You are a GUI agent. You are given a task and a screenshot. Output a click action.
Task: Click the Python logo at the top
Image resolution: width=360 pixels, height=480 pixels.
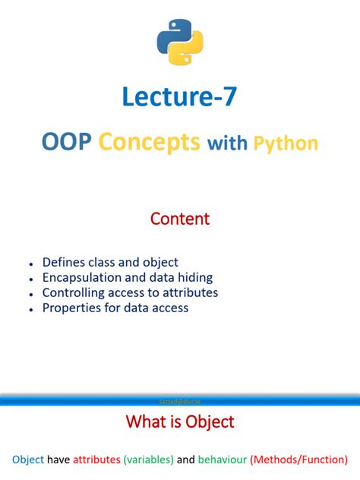coord(180,43)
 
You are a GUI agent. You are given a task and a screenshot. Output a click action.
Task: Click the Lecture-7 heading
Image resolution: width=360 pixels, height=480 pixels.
coord(180,97)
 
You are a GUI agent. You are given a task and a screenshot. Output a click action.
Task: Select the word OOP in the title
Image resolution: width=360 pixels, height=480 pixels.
coord(68,142)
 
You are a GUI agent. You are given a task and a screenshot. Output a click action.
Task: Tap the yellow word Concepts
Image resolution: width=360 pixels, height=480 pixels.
coord(150,142)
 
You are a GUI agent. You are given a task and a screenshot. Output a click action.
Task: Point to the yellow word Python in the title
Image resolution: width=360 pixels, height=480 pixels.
coord(285,143)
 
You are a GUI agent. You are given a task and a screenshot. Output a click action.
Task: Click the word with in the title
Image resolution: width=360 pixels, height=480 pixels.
coord(227,143)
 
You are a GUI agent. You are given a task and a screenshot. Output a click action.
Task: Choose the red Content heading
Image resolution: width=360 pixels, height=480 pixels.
coord(180,219)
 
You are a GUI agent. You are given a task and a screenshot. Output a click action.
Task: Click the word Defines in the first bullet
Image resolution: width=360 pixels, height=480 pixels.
coord(65,262)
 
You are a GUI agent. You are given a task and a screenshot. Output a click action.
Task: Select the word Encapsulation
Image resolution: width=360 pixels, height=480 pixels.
coord(83,277)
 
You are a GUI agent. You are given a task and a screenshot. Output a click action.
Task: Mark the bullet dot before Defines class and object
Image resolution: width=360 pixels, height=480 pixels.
coord(30,264)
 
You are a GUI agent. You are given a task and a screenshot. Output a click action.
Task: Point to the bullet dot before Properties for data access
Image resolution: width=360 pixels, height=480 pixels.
coord(30,309)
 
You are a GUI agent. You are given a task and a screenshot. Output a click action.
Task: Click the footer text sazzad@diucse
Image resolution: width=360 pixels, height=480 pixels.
coord(180,400)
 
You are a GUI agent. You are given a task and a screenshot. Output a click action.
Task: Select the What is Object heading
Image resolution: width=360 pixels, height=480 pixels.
coord(180,422)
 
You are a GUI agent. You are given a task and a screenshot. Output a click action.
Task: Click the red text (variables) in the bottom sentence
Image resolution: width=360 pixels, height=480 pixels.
coord(148,459)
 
